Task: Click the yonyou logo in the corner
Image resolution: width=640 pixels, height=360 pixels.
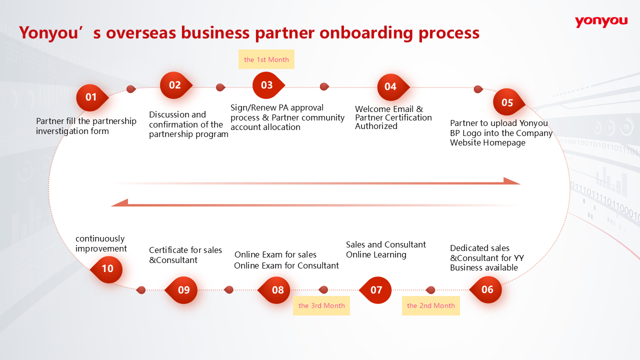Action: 601,21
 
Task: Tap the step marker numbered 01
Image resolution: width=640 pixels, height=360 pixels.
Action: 91,97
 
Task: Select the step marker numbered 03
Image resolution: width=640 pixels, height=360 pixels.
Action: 267,85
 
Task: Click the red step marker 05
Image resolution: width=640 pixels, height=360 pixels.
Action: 507,102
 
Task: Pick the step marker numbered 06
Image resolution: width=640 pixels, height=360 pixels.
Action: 487,289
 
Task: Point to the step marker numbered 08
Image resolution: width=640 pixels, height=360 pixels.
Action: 277,290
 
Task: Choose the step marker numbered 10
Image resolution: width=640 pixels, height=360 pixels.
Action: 107,269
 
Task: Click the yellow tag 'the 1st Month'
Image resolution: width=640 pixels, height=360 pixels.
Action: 266,59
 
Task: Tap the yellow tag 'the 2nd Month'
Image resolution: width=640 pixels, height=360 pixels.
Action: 430,305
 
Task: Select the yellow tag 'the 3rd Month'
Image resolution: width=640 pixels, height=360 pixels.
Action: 321,305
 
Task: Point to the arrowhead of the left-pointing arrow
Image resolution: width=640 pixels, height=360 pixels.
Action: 119,202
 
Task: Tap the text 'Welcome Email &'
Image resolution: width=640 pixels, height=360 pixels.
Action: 388,109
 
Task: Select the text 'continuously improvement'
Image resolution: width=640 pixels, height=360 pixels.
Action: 101,243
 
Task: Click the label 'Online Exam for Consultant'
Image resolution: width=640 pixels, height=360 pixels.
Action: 286,265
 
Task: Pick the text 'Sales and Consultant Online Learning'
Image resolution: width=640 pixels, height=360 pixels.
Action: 385,249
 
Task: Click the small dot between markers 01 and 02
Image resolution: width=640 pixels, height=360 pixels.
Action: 131,89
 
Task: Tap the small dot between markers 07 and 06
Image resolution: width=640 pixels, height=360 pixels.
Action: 430,290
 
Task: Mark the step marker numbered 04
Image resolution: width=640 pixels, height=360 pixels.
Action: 390,87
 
